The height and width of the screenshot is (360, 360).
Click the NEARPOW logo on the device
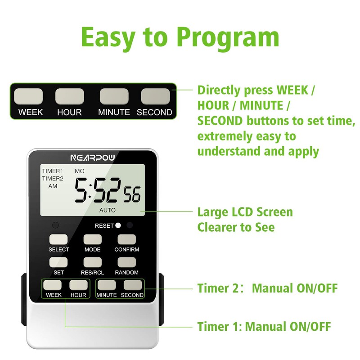92,157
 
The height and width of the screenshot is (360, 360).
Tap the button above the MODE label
92,239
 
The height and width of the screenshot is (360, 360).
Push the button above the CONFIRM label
126,239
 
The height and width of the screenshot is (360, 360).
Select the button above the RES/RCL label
92,262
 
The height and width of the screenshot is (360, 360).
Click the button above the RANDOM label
126,262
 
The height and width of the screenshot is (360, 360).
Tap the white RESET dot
118,225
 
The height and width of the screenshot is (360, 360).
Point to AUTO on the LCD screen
107,210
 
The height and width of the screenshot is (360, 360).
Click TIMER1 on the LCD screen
53,171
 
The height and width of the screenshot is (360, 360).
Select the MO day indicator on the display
79,171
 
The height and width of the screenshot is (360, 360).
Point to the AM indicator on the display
53,186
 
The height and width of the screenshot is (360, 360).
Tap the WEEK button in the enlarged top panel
29,96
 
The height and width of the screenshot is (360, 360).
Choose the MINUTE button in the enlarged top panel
114,96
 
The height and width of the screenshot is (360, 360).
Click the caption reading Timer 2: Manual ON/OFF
267,288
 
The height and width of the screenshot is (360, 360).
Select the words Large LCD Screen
245,212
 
